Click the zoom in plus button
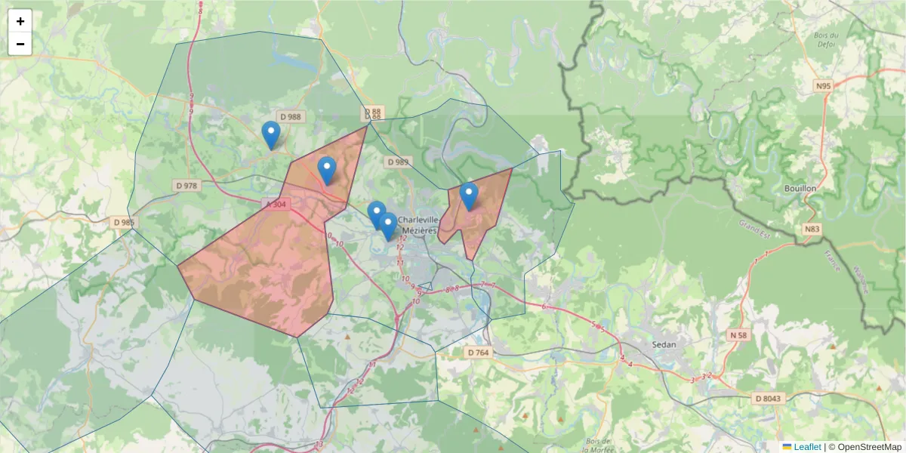pyautogui.click(x=20, y=21)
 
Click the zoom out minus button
pyautogui.click(x=20, y=44)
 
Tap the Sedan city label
pyautogui.click(x=664, y=344)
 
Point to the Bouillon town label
pyautogui.click(x=800, y=188)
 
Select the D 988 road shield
pyautogui.click(x=290, y=116)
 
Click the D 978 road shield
pyautogui.click(x=186, y=185)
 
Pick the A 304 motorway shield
pyautogui.click(x=276, y=204)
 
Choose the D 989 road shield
pyautogui.click(x=397, y=162)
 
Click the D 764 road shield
pyautogui.click(x=478, y=352)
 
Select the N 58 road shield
pyautogui.click(x=738, y=334)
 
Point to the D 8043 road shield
pyautogui.click(x=769, y=398)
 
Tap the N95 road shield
pyautogui.click(x=823, y=86)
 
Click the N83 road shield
pyautogui.click(x=812, y=229)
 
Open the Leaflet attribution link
pyautogui.click(x=806, y=447)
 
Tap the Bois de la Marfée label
pyautogui.click(x=599, y=445)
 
